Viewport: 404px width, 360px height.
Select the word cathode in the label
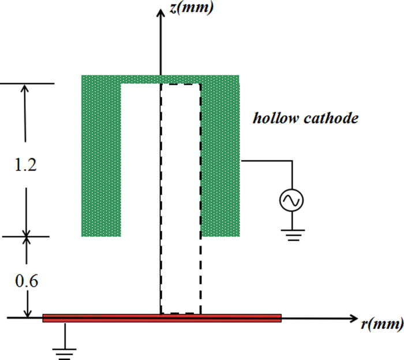point(334,118)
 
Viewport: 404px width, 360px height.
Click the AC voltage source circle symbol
point(291,201)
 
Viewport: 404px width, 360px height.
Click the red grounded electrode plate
point(162,317)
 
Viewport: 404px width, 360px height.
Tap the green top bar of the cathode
point(160,79)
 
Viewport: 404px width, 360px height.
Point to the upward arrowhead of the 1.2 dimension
point(25,89)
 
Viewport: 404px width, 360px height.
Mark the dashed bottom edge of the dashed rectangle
point(181,313)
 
